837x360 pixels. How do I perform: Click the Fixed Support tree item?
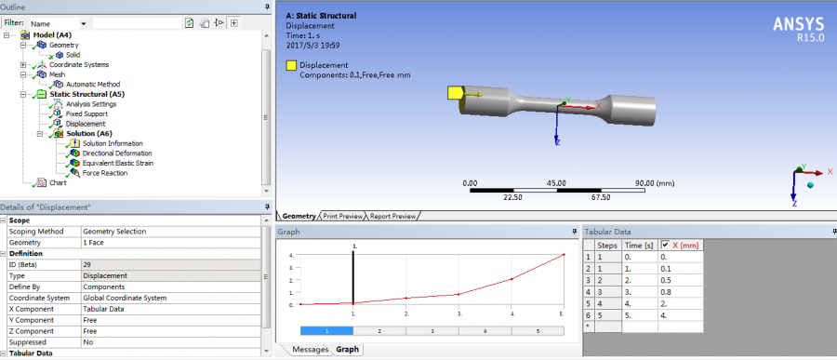(86, 113)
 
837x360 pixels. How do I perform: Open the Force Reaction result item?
(104, 173)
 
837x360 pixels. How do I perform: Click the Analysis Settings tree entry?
(91, 104)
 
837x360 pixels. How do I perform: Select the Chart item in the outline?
(58, 182)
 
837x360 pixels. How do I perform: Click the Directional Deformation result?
(113, 153)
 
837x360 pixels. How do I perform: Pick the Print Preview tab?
(343, 217)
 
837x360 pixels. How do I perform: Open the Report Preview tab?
(392, 217)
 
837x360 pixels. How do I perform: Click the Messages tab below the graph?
(310, 350)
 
